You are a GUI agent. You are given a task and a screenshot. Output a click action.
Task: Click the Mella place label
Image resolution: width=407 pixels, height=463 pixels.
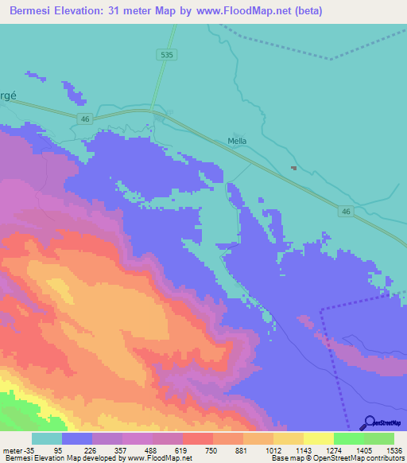point(237,141)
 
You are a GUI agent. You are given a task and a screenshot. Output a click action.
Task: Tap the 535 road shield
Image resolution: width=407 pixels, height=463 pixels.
point(165,54)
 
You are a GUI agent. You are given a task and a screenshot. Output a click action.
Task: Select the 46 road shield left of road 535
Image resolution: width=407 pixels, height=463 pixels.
point(86,119)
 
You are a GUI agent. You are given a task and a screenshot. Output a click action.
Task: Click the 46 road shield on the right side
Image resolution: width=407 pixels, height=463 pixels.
point(346,211)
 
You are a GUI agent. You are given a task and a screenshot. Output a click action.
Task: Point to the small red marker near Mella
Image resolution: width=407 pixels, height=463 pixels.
point(294,168)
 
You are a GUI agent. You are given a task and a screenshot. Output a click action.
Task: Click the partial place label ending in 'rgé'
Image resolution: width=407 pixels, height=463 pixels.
point(8,92)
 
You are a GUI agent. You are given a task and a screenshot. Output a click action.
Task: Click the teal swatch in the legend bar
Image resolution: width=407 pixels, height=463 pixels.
point(47,438)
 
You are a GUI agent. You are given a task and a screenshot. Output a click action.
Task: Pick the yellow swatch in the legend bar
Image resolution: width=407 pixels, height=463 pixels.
point(318,438)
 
